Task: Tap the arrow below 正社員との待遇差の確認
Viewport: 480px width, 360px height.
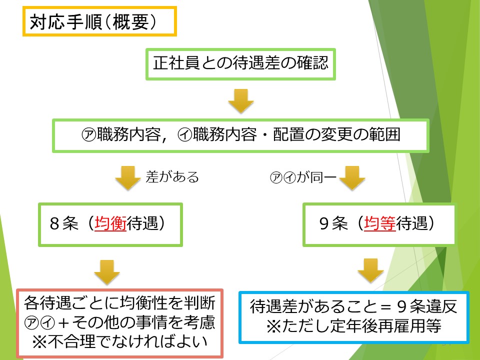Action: point(241,100)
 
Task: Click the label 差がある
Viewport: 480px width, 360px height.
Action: point(172,177)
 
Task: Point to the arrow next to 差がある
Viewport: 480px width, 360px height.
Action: point(128,178)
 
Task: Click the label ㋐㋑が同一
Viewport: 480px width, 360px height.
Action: point(303,177)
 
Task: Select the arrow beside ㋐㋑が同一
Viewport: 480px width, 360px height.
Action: point(352,178)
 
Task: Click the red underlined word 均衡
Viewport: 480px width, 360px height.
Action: point(110,223)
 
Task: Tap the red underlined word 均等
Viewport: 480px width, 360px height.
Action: point(380,223)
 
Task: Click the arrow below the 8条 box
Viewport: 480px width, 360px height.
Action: point(107,272)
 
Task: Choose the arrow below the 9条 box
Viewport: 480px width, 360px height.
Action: point(370,270)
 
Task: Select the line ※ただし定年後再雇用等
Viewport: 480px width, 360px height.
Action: point(353,325)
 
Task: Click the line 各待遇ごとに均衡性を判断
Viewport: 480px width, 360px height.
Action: point(119,303)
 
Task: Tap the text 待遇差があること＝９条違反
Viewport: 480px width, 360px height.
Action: point(353,306)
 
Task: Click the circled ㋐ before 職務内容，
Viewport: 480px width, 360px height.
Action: point(89,134)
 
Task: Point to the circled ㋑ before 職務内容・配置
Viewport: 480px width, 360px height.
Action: point(185,134)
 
